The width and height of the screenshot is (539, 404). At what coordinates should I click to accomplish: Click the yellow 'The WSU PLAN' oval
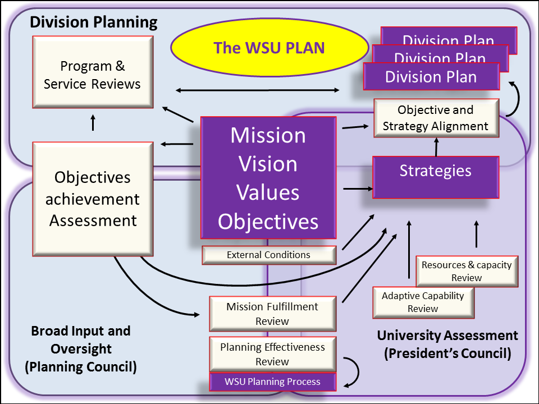[x=269, y=47]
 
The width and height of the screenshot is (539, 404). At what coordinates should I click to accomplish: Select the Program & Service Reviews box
[x=93, y=72]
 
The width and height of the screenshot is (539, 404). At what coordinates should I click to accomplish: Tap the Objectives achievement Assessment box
[x=93, y=199]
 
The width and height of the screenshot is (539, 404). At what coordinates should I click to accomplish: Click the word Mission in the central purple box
[x=268, y=135]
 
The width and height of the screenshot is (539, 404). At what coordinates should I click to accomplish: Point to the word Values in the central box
[x=268, y=192]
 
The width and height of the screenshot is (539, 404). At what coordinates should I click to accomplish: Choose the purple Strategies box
[x=436, y=177]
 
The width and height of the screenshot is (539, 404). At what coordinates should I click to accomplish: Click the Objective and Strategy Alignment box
[x=436, y=118]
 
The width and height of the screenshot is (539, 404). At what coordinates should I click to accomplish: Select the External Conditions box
[x=269, y=255]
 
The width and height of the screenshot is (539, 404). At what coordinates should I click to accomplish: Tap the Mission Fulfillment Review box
[x=273, y=314]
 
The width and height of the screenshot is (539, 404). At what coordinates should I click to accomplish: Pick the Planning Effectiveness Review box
[x=273, y=354]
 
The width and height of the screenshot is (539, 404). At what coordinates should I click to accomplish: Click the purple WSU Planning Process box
[x=273, y=382]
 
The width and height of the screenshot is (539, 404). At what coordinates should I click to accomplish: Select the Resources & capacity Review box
[x=467, y=271]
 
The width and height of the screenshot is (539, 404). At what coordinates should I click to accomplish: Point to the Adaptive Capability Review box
[x=423, y=302]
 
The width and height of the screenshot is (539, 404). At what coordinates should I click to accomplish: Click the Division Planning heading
[x=94, y=22]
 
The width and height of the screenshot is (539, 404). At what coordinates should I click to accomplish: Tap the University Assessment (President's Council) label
[x=447, y=344]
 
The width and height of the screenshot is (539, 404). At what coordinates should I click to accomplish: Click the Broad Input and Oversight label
[x=81, y=340]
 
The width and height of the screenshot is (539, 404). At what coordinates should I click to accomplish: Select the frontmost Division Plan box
[x=431, y=77]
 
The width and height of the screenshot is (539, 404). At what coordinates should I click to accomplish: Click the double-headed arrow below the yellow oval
[x=258, y=90]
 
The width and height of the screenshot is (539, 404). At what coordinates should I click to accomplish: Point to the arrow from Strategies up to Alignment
[x=437, y=147]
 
